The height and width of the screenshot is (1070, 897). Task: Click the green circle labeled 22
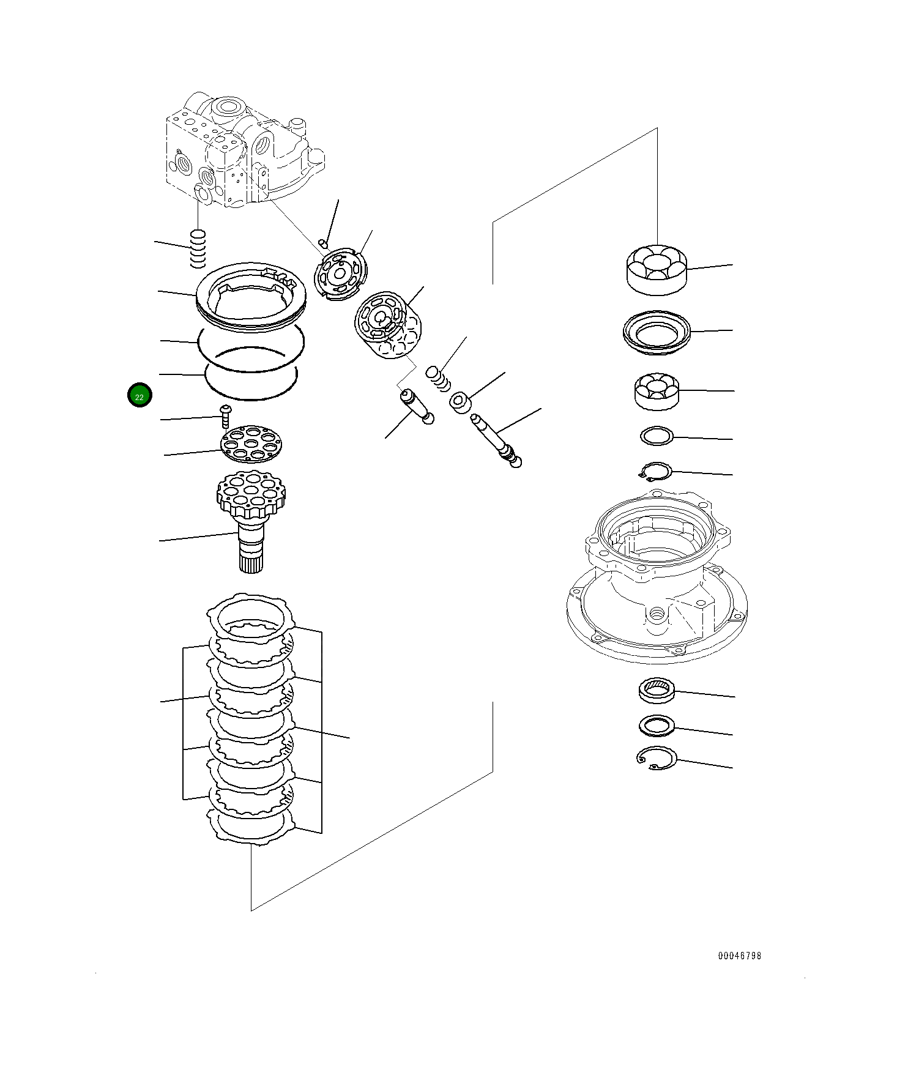click(x=140, y=396)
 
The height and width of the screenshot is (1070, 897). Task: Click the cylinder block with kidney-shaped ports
click(x=387, y=328)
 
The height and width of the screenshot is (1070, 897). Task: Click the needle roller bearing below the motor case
click(x=657, y=690)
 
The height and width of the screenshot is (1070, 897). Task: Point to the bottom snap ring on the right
click(x=657, y=758)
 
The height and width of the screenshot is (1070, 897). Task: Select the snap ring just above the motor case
click(x=655, y=472)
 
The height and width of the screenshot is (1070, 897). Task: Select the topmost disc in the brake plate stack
click(x=253, y=615)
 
